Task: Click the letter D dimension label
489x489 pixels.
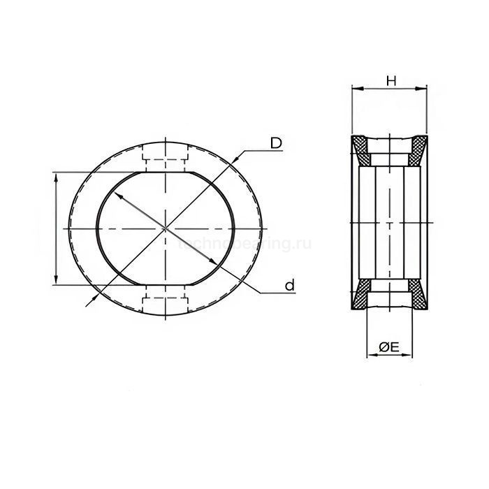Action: [277, 143]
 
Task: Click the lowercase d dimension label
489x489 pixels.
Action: [289, 284]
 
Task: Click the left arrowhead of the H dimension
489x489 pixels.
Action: [353, 89]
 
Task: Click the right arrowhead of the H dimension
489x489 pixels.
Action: [424, 89]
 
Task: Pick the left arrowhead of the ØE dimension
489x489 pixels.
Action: [370, 354]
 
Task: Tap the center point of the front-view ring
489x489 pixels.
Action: [165, 228]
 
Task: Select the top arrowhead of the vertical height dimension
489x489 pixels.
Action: [55, 177]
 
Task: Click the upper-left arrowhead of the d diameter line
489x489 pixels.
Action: [119, 197]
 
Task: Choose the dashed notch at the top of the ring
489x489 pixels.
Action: [165, 156]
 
